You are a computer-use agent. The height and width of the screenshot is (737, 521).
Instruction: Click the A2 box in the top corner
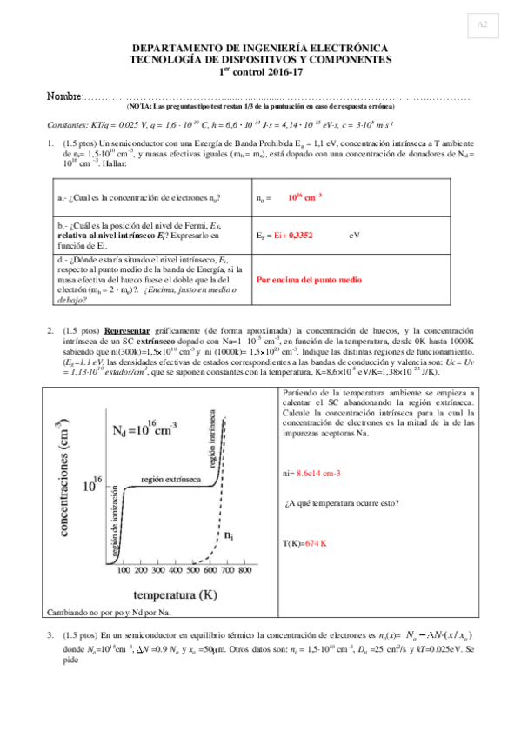coord(482,26)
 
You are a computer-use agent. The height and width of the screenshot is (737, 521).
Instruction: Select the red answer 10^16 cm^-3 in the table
coord(304,197)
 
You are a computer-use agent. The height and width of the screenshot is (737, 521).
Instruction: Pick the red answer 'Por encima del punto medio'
coord(311,282)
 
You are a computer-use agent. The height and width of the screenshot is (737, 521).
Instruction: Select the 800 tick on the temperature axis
coord(245,572)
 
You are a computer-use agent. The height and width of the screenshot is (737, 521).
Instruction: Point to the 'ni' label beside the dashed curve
coord(228,538)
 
